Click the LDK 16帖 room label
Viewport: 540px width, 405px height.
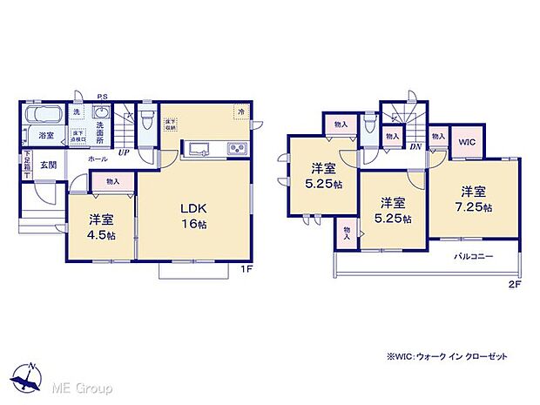192,216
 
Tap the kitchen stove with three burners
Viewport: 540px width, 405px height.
237,149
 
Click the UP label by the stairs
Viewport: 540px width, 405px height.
125,152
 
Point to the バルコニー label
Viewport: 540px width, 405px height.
474,256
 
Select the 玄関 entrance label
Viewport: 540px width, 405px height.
47,165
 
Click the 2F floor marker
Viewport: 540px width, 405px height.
516,284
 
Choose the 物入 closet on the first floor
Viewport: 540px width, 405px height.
112,181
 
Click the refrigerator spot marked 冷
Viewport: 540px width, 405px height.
240,112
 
